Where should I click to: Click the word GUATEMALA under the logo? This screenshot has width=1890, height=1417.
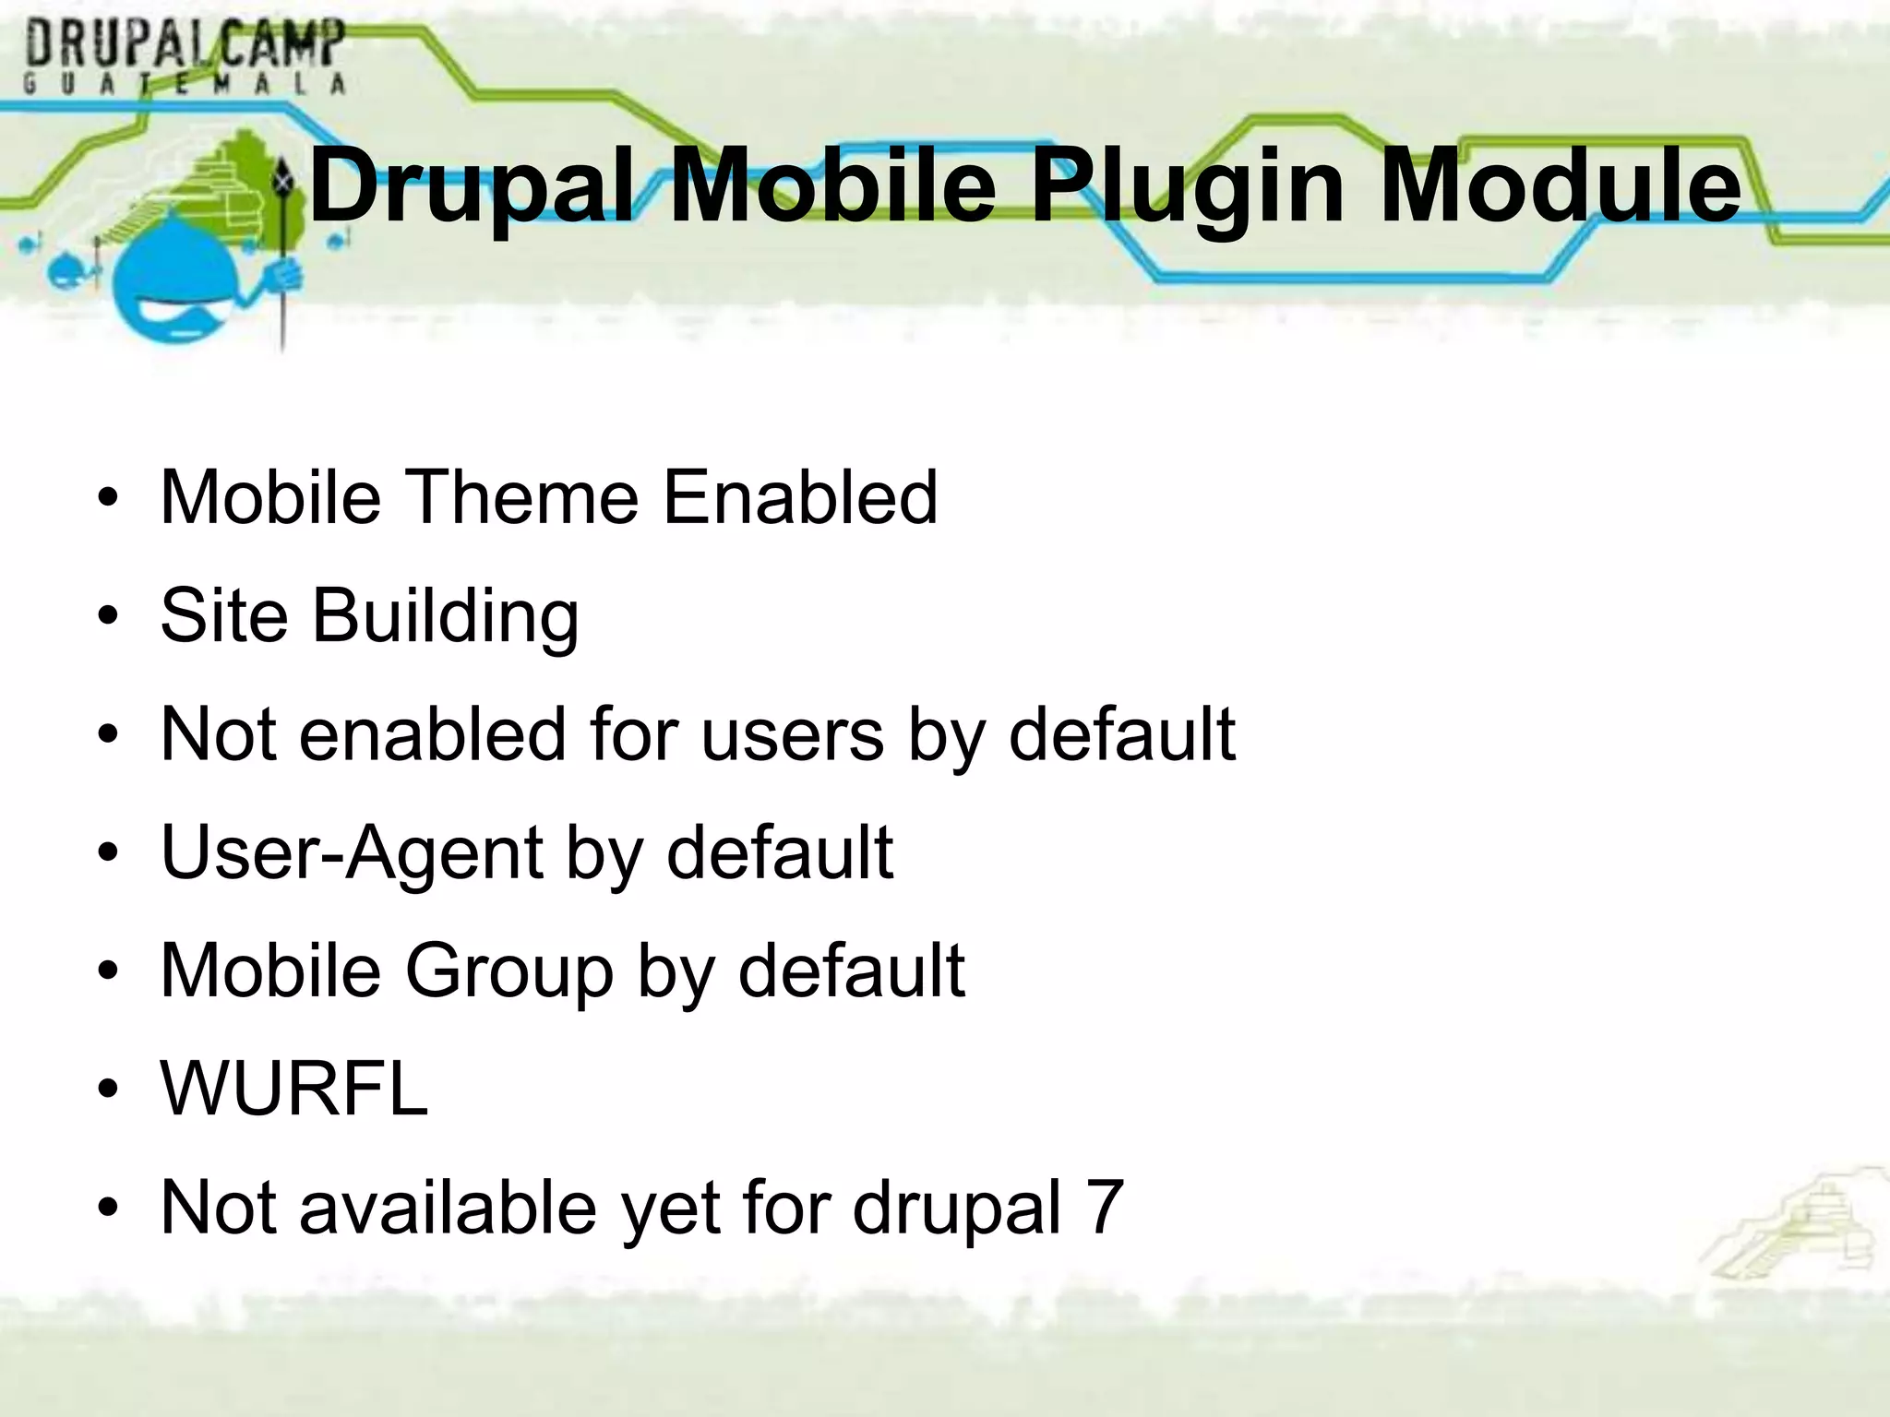point(185,84)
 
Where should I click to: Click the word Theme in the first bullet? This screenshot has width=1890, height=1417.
point(521,497)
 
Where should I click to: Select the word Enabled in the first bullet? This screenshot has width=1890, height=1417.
point(800,497)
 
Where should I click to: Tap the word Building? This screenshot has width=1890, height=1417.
point(446,616)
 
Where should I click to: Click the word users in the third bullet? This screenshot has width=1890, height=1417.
point(793,734)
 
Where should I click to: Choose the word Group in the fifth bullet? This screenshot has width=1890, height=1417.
point(509,970)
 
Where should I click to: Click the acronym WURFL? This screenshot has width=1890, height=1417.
point(294,1089)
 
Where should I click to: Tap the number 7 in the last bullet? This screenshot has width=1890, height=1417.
point(1105,1207)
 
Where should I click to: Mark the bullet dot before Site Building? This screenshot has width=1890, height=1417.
point(109,616)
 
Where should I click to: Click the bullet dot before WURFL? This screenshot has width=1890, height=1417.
point(109,1090)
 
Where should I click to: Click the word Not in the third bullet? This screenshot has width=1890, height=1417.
point(218,734)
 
